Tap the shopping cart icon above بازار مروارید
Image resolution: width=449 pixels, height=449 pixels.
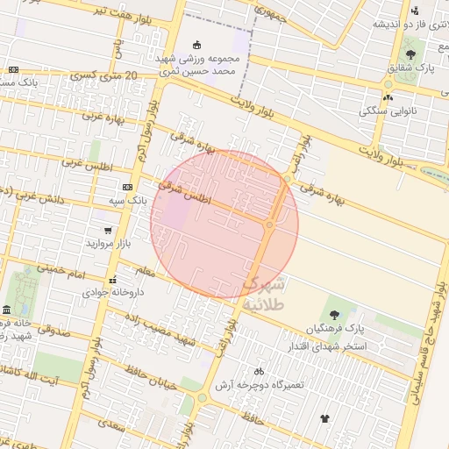click(x=108, y=231)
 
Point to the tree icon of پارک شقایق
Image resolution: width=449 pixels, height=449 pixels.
click(x=410, y=54)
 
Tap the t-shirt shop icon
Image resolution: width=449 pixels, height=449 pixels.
click(x=325, y=418)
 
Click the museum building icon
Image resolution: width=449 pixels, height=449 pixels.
click(x=7, y=310)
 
